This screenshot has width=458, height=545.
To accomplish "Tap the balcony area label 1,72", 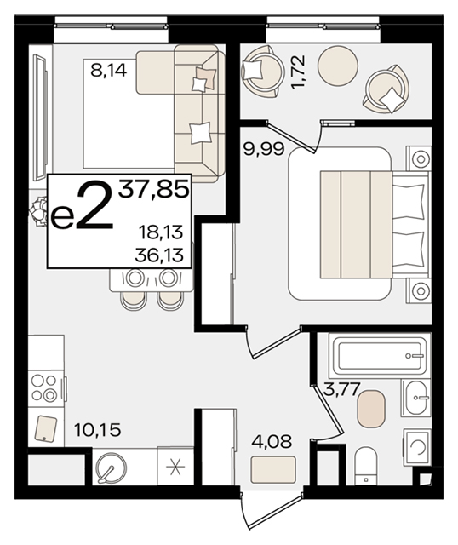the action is click(299, 72).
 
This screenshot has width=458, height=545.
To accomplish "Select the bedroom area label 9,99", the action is click(264, 150).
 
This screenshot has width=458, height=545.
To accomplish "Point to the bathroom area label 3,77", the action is click(341, 389).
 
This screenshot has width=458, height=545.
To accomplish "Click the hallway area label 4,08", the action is click(272, 441).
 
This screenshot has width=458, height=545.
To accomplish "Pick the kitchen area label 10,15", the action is click(98, 430).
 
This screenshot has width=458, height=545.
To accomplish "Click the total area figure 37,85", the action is click(154, 190).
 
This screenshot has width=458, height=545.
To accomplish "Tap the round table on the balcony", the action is click(338, 65).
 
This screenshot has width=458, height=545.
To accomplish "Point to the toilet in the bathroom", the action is click(366, 466).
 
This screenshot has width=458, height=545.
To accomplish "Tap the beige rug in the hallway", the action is click(274, 469).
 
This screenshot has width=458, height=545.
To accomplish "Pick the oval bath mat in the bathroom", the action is click(371, 408).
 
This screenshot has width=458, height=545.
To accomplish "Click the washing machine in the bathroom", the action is click(417, 447).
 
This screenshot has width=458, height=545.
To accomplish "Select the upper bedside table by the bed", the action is click(419, 158).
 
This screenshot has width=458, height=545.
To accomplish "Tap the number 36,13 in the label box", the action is click(159, 255).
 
